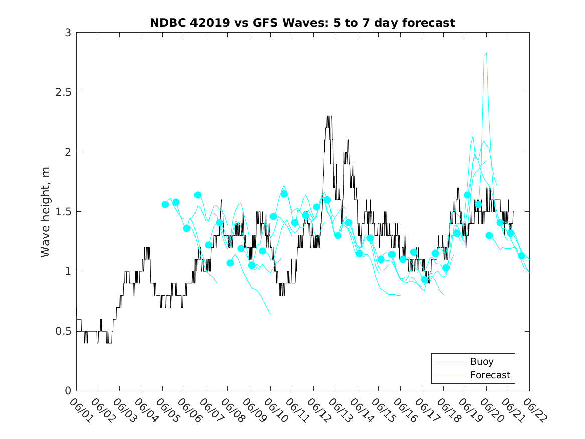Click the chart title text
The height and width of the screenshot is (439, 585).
tap(302, 23)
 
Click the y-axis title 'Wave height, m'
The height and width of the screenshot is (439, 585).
tap(46, 212)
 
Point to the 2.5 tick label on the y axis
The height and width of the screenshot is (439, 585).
tap(64, 92)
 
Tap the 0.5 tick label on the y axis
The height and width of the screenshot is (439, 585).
tap(64, 331)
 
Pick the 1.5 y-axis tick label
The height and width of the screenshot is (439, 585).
tap(64, 212)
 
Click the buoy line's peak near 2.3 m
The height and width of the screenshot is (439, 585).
tap(329, 117)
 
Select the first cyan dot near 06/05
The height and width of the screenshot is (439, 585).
tap(165, 204)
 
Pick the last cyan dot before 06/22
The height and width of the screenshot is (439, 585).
tap(521, 256)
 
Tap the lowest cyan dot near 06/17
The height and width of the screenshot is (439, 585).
tap(425, 280)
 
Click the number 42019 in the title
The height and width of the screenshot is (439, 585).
tap(207, 23)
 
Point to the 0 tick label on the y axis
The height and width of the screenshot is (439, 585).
tap(68, 391)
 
